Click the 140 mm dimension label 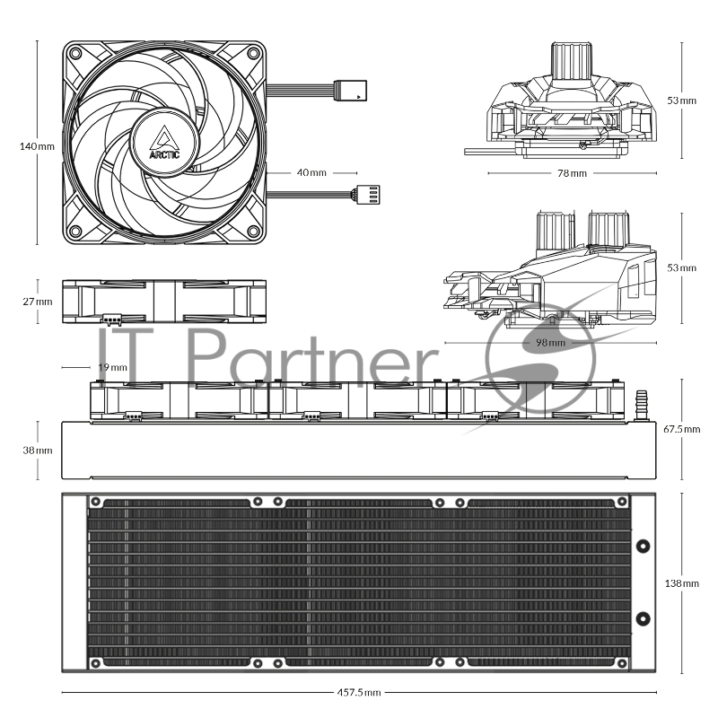pyautogui.click(x=37, y=146)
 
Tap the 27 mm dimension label pyautogui.click(x=38, y=302)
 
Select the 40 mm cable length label pyautogui.click(x=311, y=172)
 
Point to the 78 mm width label pyautogui.click(x=572, y=173)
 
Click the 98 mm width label pyautogui.click(x=550, y=343)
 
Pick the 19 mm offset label pyautogui.click(x=113, y=367)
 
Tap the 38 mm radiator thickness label pyautogui.click(x=38, y=451)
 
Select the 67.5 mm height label pyautogui.click(x=682, y=429)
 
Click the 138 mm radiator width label pyautogui.click(x=682, y=583)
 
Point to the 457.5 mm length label pyautogui.click(x=359, y=692)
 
